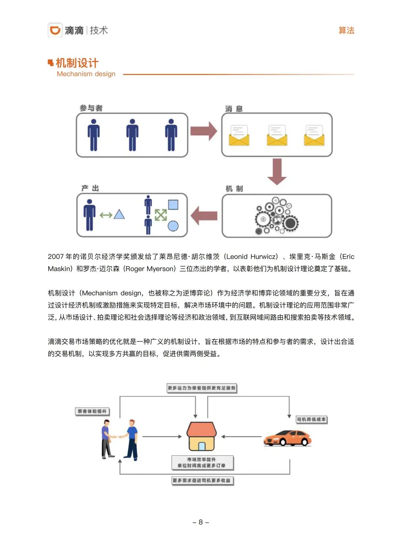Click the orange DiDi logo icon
point(55,30)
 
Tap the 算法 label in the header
point(346,30)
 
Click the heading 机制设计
point(77,63)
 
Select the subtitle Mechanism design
point(86,74)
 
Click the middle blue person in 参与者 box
point(132,135)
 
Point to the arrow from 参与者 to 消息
point(204,131)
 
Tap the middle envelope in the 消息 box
point(277,136)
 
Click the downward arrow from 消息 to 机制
point(277,171)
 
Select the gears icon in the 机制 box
point(276,216)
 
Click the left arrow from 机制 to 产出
point(204,216)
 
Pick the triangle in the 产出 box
point(119,214)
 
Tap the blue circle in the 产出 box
point(173,226)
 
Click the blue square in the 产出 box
point(173,205)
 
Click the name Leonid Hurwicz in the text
point(251,257)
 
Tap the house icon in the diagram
point(201,436)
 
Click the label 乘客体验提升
point(92,411)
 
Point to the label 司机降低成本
point(311,419)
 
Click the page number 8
point(201,522)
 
